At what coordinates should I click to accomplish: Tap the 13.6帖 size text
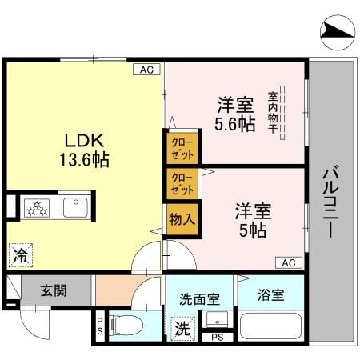pos(83,158)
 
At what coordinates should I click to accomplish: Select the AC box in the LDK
pos(146,70)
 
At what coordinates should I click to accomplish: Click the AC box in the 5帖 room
pos(289,262)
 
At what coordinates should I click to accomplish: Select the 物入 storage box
pos(182,218)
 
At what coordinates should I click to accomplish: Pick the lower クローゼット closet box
pos(182,184)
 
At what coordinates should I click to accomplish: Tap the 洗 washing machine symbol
pos(183,327)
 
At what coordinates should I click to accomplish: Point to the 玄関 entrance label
pos(55,290)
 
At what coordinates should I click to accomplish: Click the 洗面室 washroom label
pos(199,301)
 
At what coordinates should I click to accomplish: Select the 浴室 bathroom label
pos(270,294)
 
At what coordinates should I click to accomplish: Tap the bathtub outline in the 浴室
pos(270,328)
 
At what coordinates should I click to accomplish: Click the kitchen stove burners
pos(37,206)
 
